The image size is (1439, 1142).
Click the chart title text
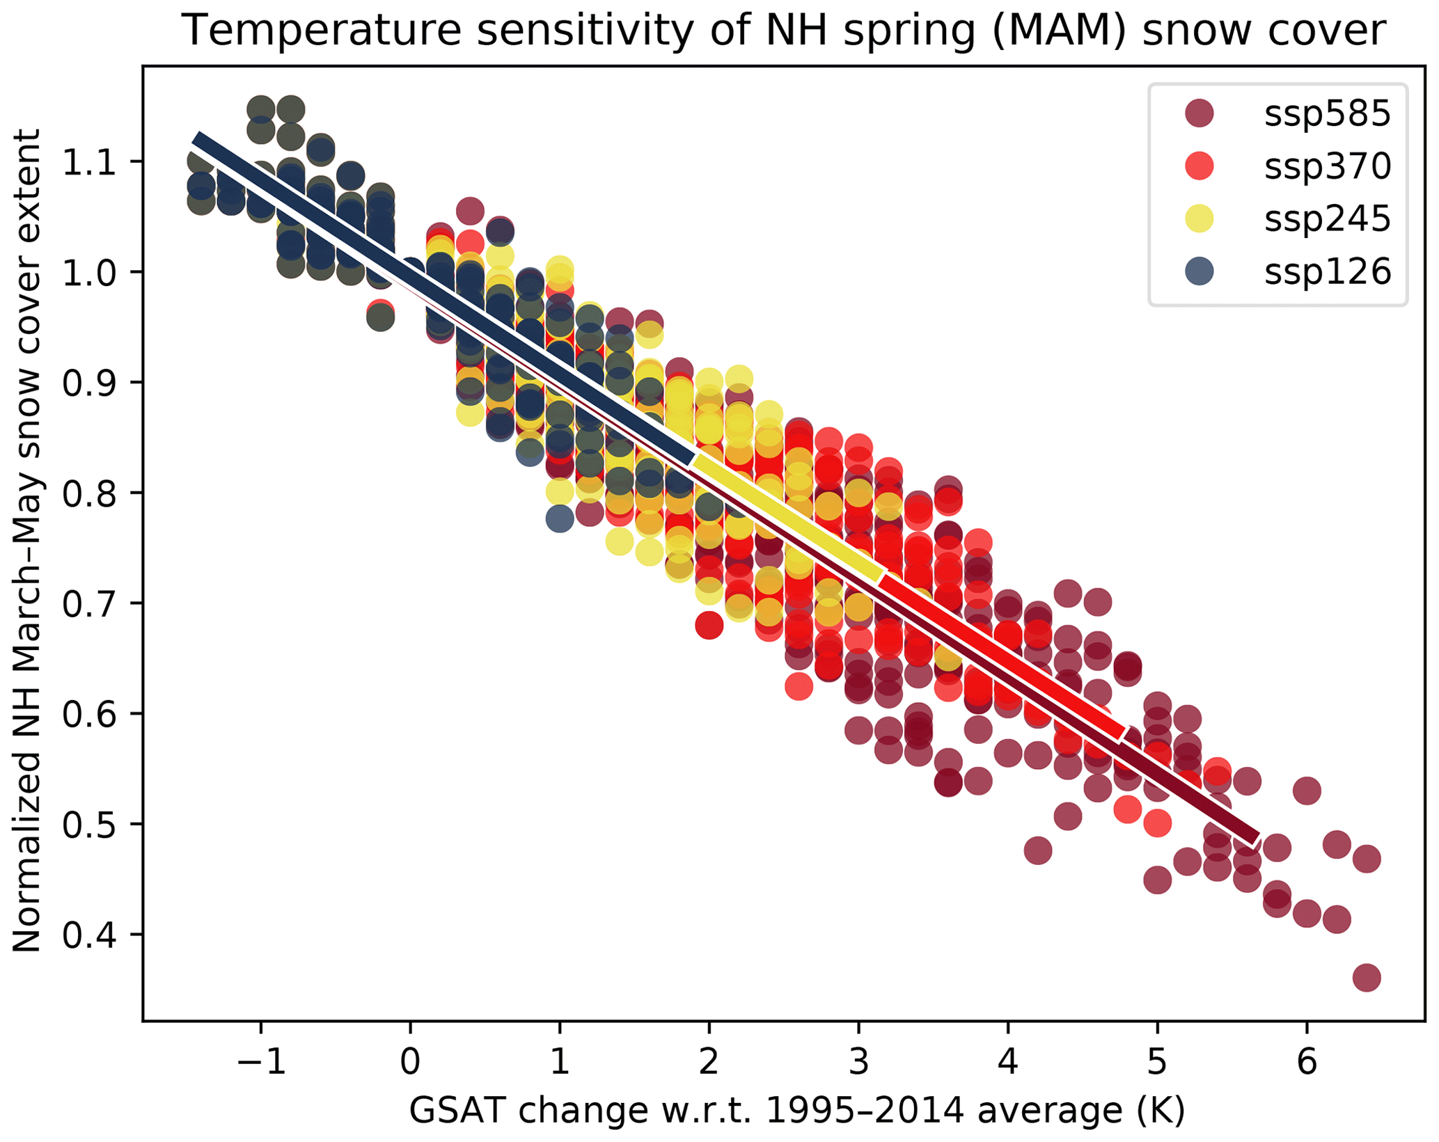coord(784,31)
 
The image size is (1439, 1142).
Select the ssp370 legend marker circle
coord(1199,166)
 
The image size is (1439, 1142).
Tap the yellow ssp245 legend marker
coord(1199,219)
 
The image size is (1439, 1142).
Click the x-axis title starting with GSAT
coord(796,1111)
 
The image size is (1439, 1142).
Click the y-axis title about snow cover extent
coord(28,539)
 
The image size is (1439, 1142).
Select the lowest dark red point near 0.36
coord(1366,978)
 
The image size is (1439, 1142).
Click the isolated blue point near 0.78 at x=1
coord(560,518)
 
